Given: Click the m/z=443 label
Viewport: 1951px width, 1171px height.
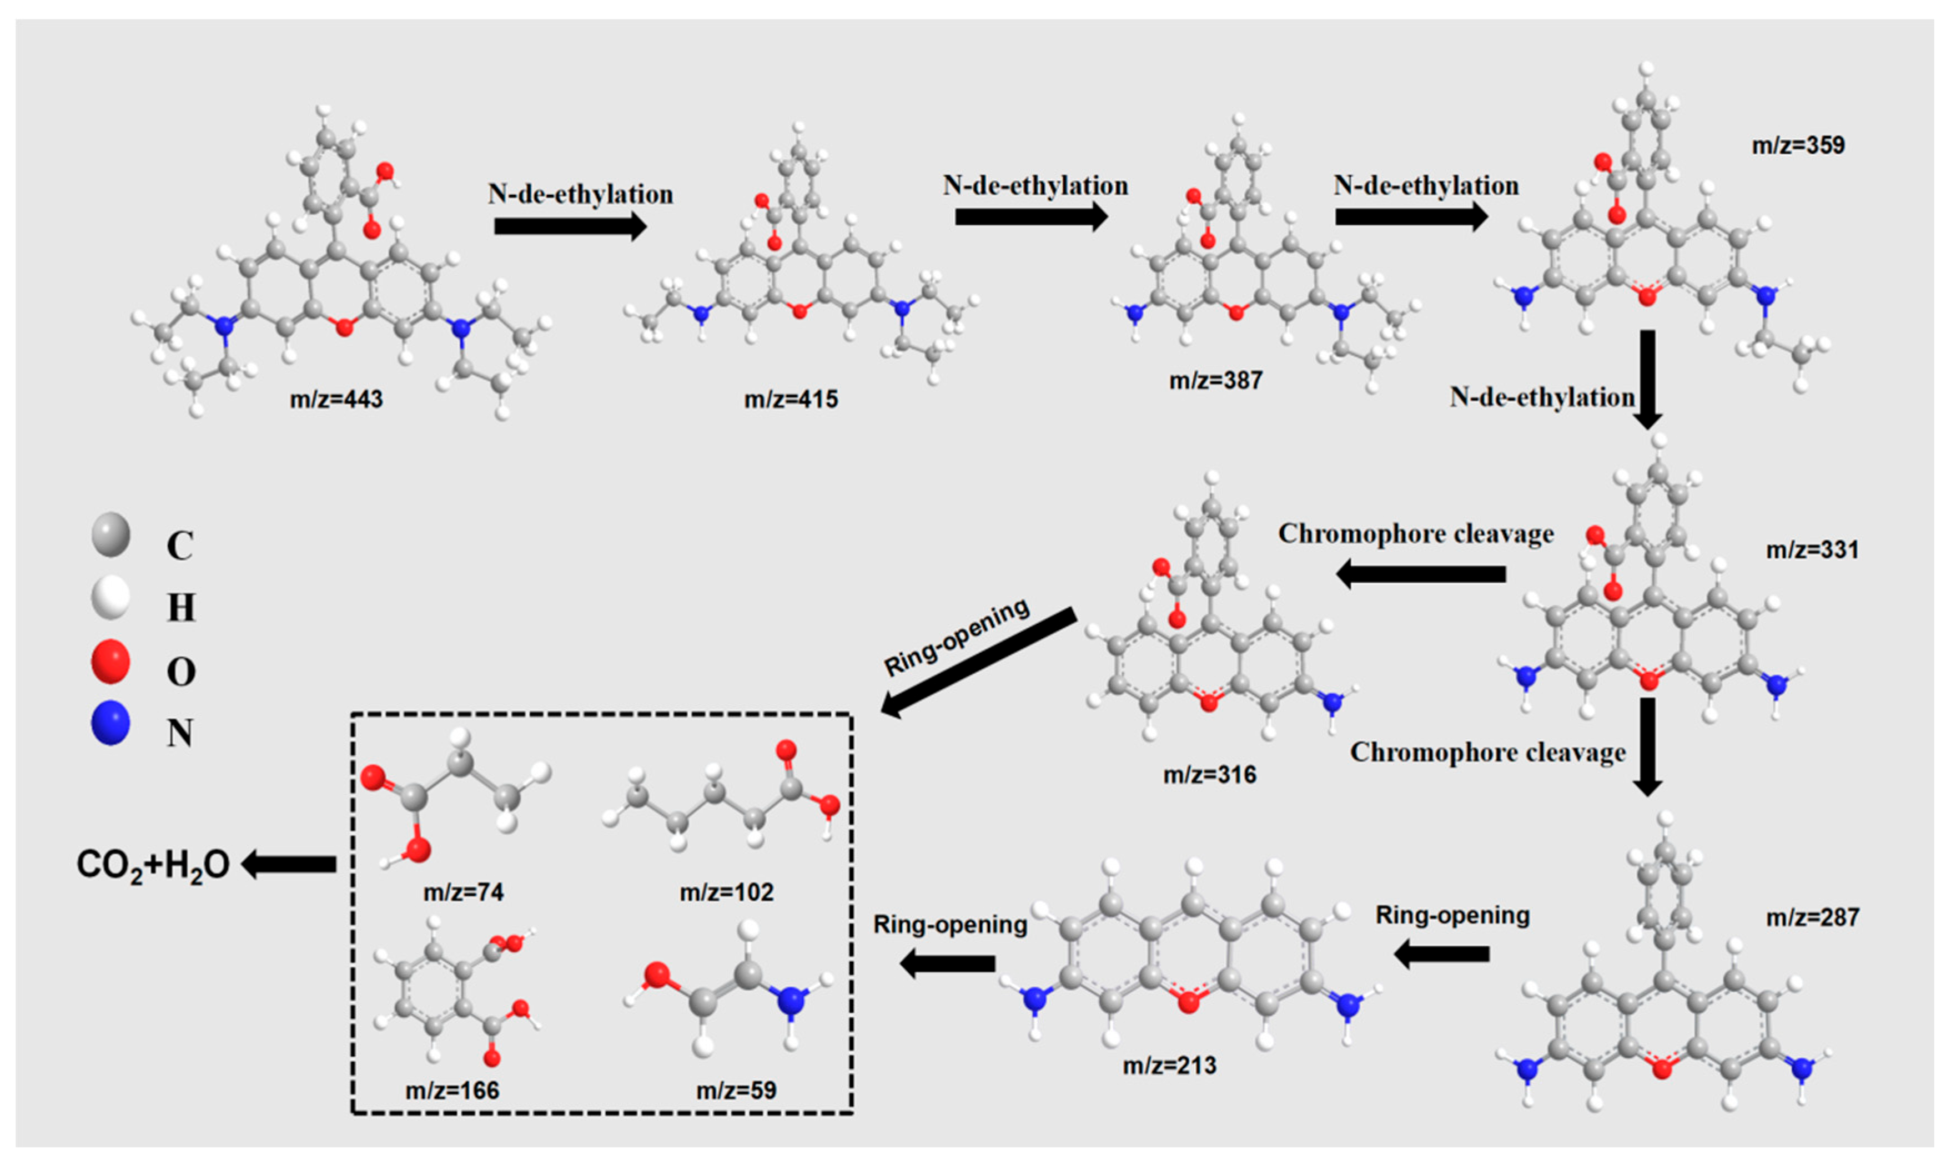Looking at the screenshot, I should [x=336, y=399].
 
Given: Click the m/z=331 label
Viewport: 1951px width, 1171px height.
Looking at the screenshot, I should [x=1812, y=549].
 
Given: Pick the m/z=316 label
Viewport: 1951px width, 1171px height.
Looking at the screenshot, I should [x=1209, y=775].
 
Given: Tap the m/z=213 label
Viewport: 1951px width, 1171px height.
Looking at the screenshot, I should [x=1170, y=1065].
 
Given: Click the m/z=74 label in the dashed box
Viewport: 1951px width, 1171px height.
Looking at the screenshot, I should [x=463, y=892].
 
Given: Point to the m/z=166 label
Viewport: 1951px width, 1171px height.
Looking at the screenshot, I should [x=452, y=1090].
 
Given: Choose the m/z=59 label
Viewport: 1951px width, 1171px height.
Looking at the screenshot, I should [x=736, y=1090].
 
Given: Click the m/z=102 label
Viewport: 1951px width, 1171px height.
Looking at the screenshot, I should [x=726, y=892].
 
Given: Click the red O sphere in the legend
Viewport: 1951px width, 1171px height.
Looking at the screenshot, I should [x=110, y=661].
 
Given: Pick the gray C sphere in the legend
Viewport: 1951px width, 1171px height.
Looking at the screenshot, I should [x=110, y=534].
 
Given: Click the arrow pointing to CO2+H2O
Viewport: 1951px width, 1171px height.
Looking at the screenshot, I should [x=289, y=864].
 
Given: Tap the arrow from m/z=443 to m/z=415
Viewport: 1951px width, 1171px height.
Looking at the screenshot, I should [x=570, y=226].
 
